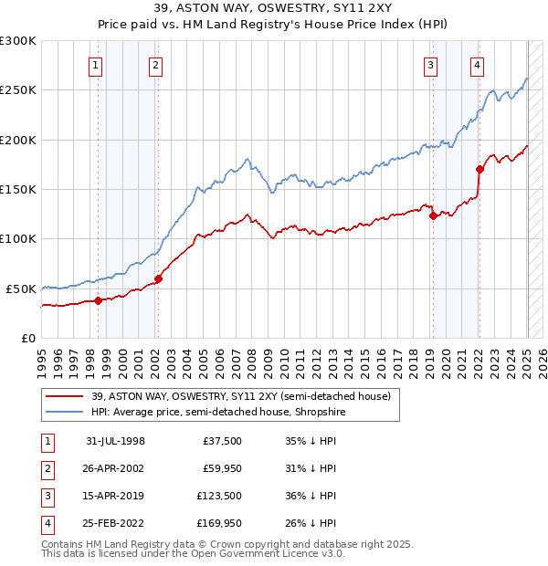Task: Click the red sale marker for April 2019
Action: pos(433,216)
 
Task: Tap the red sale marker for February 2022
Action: pos(479,170)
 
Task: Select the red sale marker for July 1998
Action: pos(98,300)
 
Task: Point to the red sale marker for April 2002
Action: pos(158,278)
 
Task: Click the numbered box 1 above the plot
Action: pos(97,64)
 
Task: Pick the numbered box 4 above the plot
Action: pos(478,64)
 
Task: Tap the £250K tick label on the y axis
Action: pos(18,90)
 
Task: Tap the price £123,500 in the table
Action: pos(220,497)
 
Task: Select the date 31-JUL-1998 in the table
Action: pos(115,440)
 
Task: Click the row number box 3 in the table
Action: pos(45,497)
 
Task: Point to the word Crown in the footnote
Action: pos(248,544)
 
